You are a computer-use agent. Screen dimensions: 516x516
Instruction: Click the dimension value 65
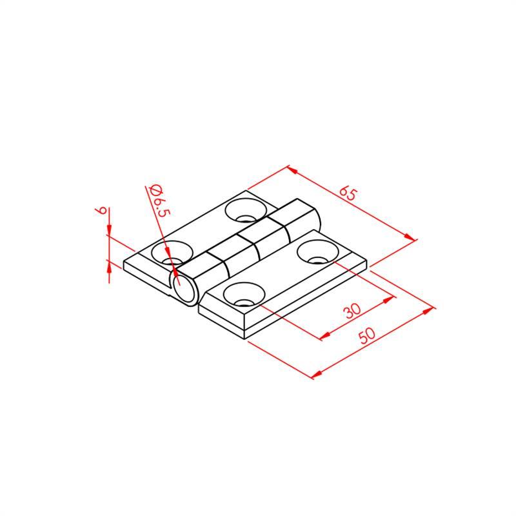pyautogui.click(x=348, y=193)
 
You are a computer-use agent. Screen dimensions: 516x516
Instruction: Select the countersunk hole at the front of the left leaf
pyautogui.click(x=172, y=253)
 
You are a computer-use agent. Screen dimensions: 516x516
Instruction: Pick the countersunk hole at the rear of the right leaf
pyautogui.click(x=317, y=252)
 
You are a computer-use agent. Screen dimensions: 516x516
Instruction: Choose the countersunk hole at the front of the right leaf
pyautogui.click(x=244, y=295)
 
